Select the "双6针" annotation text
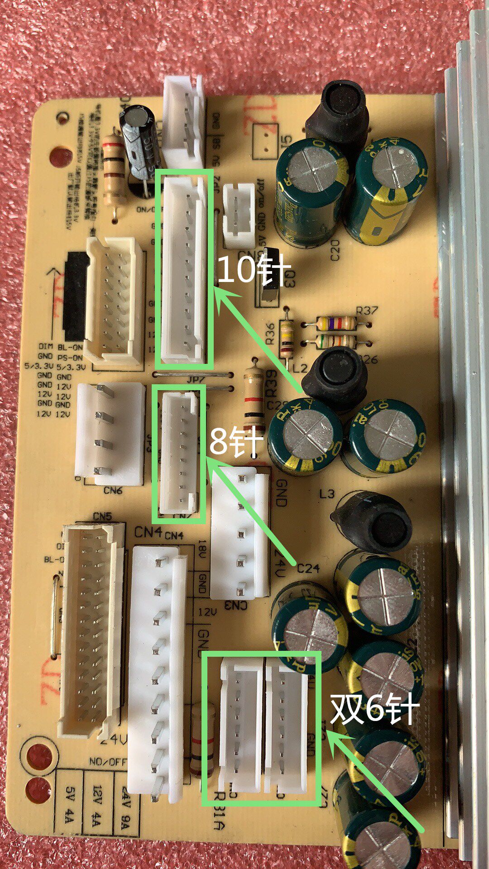pos(374,708)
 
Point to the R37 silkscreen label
pos(367,311)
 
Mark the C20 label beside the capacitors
pos(336,250)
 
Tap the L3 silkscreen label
pos(326,494)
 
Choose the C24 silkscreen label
pos(308,568)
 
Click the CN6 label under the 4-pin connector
pos(113,490)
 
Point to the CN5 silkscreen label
pos(102,516)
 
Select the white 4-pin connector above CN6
pos(110,433)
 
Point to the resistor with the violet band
pos(336,323)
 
